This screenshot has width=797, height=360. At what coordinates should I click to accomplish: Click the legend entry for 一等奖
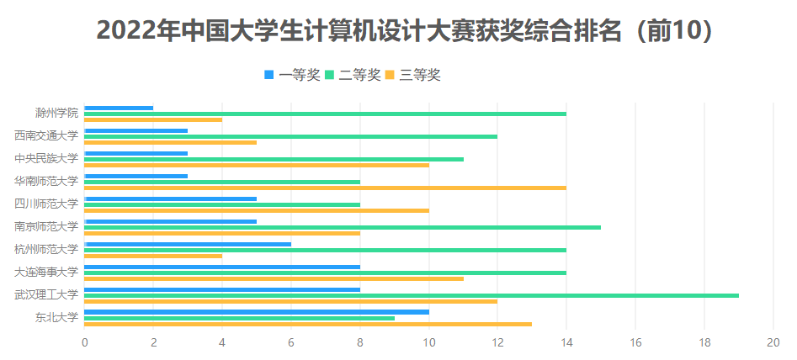pyautogui.click(x=292, y=75)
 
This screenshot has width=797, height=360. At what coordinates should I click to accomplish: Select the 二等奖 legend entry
pyautogui.click(x=353, y=75)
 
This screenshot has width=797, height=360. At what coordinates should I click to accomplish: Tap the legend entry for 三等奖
pyautogui.click(x=412, y=75)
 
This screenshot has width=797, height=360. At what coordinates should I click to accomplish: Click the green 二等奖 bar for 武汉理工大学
pyautogui.click(x=412, y=295)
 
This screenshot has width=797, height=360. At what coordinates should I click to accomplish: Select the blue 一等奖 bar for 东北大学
pyautogui.click(x=257, y=312)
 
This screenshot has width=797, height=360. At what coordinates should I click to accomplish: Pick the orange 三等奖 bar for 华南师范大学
pyautogui.click(x=326, y=188)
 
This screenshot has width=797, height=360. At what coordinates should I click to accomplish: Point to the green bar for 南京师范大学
pyautogui.click(x=343, y=227)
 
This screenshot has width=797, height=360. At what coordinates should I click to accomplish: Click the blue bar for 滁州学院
pyautogui.click(x=119, y=108)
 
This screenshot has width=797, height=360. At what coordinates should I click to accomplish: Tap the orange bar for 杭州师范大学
pyautogui.click(x=153, y=256)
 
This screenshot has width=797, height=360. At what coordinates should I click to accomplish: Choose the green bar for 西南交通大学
pyautogui.click(x=290, y=136)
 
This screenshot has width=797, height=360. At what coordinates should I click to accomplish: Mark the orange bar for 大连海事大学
pyautogui.click(x=274, y=278)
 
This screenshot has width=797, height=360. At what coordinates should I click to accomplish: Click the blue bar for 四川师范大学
pyautogui.click(x=170, y=199)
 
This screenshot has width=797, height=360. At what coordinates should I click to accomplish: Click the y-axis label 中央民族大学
pyautogui.click(x=46, y=158)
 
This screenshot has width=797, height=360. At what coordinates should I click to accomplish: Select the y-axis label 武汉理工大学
pyautogui.click(x=46, y=295)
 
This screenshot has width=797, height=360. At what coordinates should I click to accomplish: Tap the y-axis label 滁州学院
pyautogui.click(x=57, y=113)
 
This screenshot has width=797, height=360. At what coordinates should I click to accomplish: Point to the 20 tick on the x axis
pyautogui.click(x=773, y=342)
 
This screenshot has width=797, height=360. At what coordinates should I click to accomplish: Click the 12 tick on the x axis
pyautogui.click(x=497, y=342)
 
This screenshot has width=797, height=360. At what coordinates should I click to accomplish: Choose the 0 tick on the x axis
pyautogui.click(x=84, y=342)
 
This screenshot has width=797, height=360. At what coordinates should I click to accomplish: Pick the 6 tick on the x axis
pyautogui.click(x=290, y=342)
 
